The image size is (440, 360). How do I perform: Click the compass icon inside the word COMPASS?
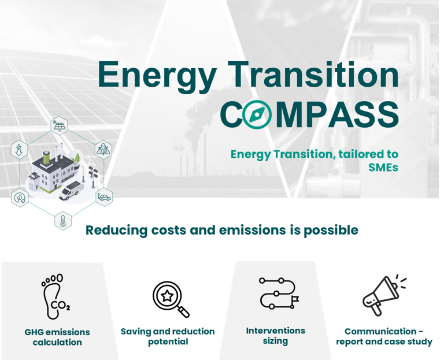coord(257,114)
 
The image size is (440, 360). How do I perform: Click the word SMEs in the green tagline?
coord(383,167)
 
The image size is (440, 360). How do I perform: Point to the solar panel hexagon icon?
coord(60,125)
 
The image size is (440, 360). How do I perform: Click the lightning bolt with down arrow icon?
coord(19,150)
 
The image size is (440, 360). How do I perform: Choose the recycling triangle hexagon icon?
coord(103,150)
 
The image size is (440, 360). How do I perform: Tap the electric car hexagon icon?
coord(105,198)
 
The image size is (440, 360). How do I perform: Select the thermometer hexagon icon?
coord(63,221)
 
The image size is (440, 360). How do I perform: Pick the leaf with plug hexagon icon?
coord(20,198)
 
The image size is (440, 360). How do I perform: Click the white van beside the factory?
coord(71,191)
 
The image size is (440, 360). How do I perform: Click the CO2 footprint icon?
coord(56,296)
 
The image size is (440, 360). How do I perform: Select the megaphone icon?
coord(384,295)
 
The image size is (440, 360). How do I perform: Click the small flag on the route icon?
coord(295,299)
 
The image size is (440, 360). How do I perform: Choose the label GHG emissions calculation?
coord(57,337)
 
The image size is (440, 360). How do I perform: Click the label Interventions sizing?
coord(276,336)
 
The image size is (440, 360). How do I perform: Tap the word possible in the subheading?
coord(331,231)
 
